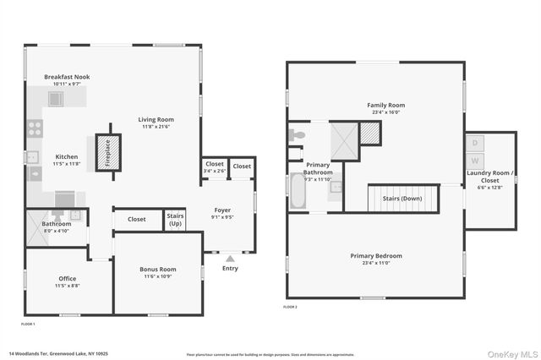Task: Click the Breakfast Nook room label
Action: pyautogui.click(x=67, y=77)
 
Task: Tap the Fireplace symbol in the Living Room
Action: pyautogui.click(x=107, y=154)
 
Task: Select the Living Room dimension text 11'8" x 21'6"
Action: pyautogui.click(x=156, y=127)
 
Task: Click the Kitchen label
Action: pyautogui.click(x=67, y=156)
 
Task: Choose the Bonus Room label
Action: pyautogui.click(x=157, y=270)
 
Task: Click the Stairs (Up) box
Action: pyautogui.click(x=175, y=219)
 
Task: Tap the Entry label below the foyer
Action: pyautogui.click(x=230, y=269)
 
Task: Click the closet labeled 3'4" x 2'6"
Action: pyautogui.click(x=214, y=167)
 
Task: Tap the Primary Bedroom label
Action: pyautogui.click(x=376, y=255)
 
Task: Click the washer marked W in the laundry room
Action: pyautogui.click(x=475, y=160)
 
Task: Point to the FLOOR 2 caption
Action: pyautogui.click(x=290, y=307)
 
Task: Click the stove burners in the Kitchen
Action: pyautogui.click(x=36, y=128)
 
